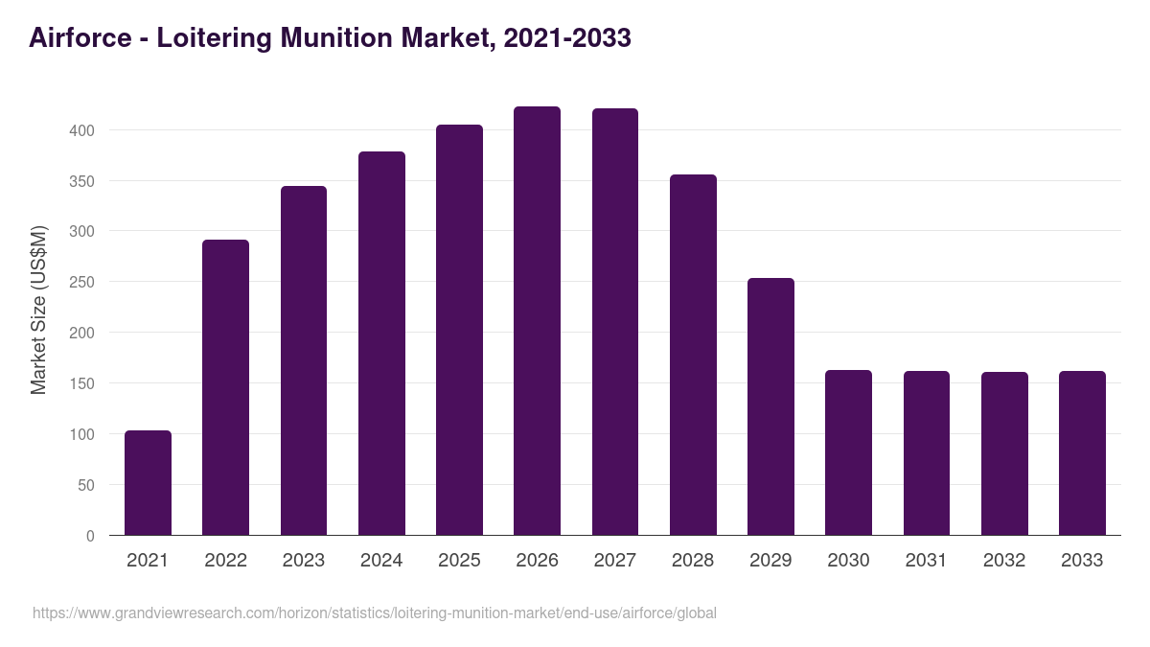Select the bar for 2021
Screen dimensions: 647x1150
click(x=148, y=483)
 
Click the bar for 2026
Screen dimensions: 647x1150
click(x=537, y=321)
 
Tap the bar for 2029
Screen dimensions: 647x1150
click(x=770, y=406)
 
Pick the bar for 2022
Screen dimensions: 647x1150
click(x=225, y=387)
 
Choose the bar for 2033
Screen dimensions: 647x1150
click(x=1082, y=452)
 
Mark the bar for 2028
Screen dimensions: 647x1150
click(x=693, y=355)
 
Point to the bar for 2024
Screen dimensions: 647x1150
click(x=381, y=343)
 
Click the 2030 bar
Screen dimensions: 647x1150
click(x=848, y=452)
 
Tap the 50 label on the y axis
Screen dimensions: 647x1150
click(x=86, y=485)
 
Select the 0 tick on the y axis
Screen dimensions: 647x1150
click(x=90, y=536)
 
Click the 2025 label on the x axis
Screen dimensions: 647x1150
click(x=459, y=561)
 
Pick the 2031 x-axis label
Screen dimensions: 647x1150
click(x=927, y=561)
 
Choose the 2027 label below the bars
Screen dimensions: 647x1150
click(x=615, y=561)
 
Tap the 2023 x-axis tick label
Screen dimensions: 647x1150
click(x=304, y=561)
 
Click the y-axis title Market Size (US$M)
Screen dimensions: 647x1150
click(x=38, y=310)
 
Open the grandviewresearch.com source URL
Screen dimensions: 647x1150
click(x=374, y=612)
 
